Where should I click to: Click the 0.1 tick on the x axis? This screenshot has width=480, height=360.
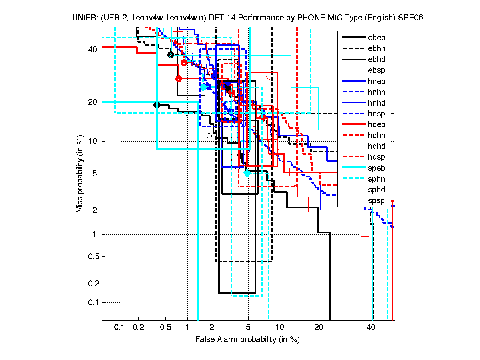(120, 328)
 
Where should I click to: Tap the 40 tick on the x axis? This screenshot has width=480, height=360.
(371, 328)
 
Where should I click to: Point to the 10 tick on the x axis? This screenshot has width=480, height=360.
(281, 328)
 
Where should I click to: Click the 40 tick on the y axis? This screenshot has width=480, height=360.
(93, 50)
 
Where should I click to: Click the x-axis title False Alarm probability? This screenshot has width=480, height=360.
(247, 340)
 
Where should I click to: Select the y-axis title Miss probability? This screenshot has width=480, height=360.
(80, 174)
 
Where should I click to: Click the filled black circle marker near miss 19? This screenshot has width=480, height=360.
(157, 105)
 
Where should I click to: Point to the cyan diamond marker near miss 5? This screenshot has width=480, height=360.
(247, 174)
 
